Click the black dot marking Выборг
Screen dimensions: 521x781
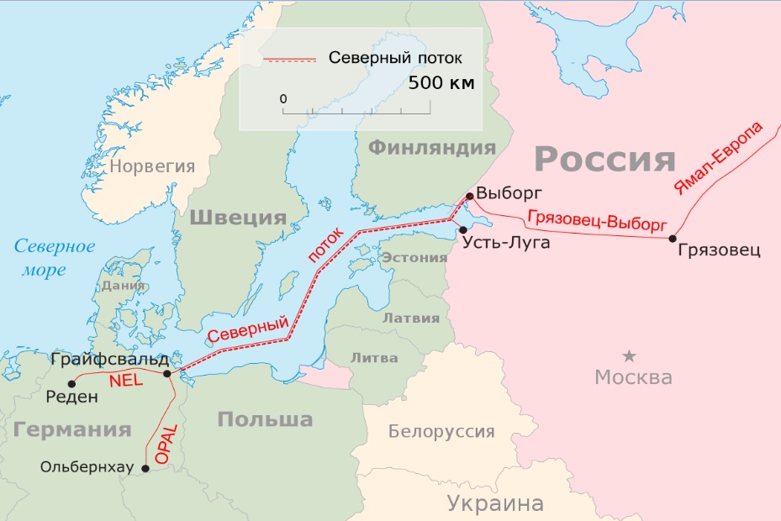[469, 197]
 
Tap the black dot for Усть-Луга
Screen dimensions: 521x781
[462, 229]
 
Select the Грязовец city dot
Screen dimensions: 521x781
[673, 239]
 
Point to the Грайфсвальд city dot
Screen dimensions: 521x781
[167, 374]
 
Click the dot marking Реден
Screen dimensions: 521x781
[72, 384]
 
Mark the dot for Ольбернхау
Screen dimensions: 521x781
[145, 469]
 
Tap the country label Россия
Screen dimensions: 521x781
[605, 158]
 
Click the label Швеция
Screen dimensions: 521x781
[239, 218]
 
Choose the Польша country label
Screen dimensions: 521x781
[265, 418]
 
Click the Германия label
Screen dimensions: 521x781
[72, 429]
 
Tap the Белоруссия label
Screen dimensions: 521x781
[441, 432]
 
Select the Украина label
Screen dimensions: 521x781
[495, 503]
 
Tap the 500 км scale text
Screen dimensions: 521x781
[441, 83]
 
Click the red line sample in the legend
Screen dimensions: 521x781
[289, 60]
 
